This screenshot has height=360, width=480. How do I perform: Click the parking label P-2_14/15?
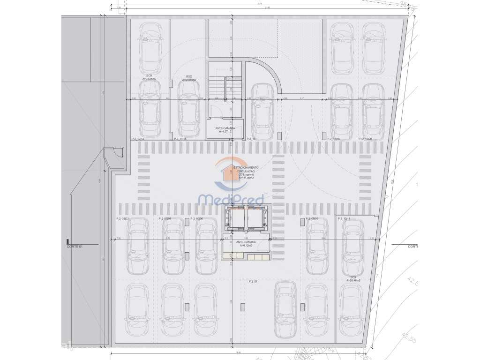pyautogui.click(x=180, y=139)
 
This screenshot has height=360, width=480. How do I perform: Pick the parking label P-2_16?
pyautogui.click(x=251, y=139)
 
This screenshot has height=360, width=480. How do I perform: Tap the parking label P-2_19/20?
pyautogui.click(x=365, y=139)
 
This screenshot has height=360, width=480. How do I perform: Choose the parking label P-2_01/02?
pyautogui.click(x=122, y=219)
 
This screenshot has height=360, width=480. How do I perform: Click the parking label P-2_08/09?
pyautogui.click(x=312, y=219)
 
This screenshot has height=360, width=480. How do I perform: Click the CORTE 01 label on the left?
pyautogui.click(x=75, y=246)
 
